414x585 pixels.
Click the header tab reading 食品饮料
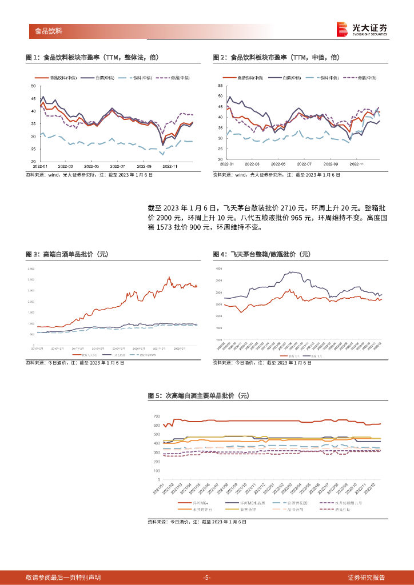tap(48, 31)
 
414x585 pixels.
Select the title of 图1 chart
tap(92, 58)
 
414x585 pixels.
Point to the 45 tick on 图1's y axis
tap(33, 98)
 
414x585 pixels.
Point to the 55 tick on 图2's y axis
tap(221, 85)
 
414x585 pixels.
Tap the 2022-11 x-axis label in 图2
tap(357, 163)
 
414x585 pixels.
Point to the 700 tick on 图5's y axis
tap(156, 416)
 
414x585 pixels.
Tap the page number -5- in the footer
tap(207, 577)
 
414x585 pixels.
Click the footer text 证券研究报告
tap(367, 577)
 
